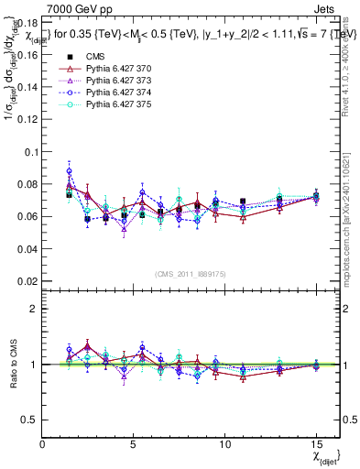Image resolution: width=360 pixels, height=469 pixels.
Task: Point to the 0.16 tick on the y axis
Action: pos(26,54)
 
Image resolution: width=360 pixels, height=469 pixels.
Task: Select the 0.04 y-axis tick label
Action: pos(26,249)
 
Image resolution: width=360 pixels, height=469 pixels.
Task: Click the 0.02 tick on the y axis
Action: pos(26,282)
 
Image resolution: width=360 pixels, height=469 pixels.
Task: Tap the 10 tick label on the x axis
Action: pos(224,443)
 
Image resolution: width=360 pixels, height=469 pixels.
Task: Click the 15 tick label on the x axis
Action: pos(315,443)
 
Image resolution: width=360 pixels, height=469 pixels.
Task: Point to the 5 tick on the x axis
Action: pos(134,443)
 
